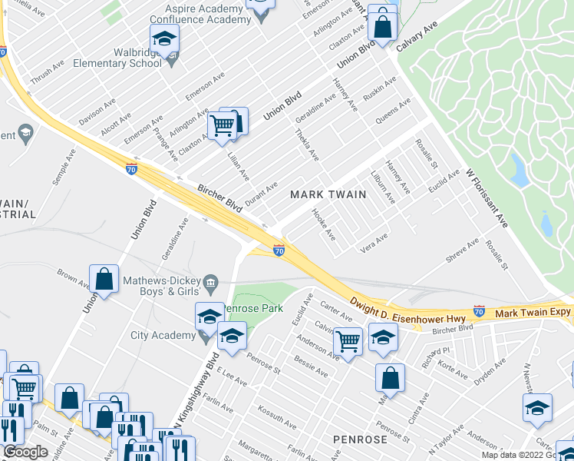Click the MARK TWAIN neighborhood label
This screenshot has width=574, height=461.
pos(328,195)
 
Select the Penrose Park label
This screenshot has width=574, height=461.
pos(255,309)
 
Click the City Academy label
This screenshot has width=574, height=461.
pos(163,335)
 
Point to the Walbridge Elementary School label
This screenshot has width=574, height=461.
pos(123,56)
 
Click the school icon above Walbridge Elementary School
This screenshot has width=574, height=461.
pos(164,39)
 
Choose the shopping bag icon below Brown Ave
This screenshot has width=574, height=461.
pos(104,280)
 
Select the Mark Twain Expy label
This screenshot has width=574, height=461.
pos(533,313)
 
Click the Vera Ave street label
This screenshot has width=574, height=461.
pos(374,244)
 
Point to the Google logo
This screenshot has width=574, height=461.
pos(25,452)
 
